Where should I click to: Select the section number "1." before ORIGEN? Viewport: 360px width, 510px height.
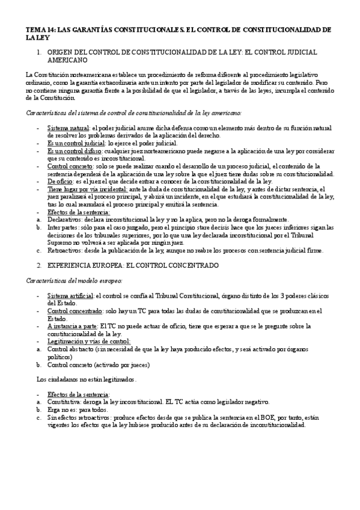[x=38, y=52]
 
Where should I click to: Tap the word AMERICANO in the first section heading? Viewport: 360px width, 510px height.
[x=67, y=61]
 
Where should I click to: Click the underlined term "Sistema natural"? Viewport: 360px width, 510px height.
[x=68, y=129]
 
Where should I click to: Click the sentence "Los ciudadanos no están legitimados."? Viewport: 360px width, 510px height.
[x=87, y=379]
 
